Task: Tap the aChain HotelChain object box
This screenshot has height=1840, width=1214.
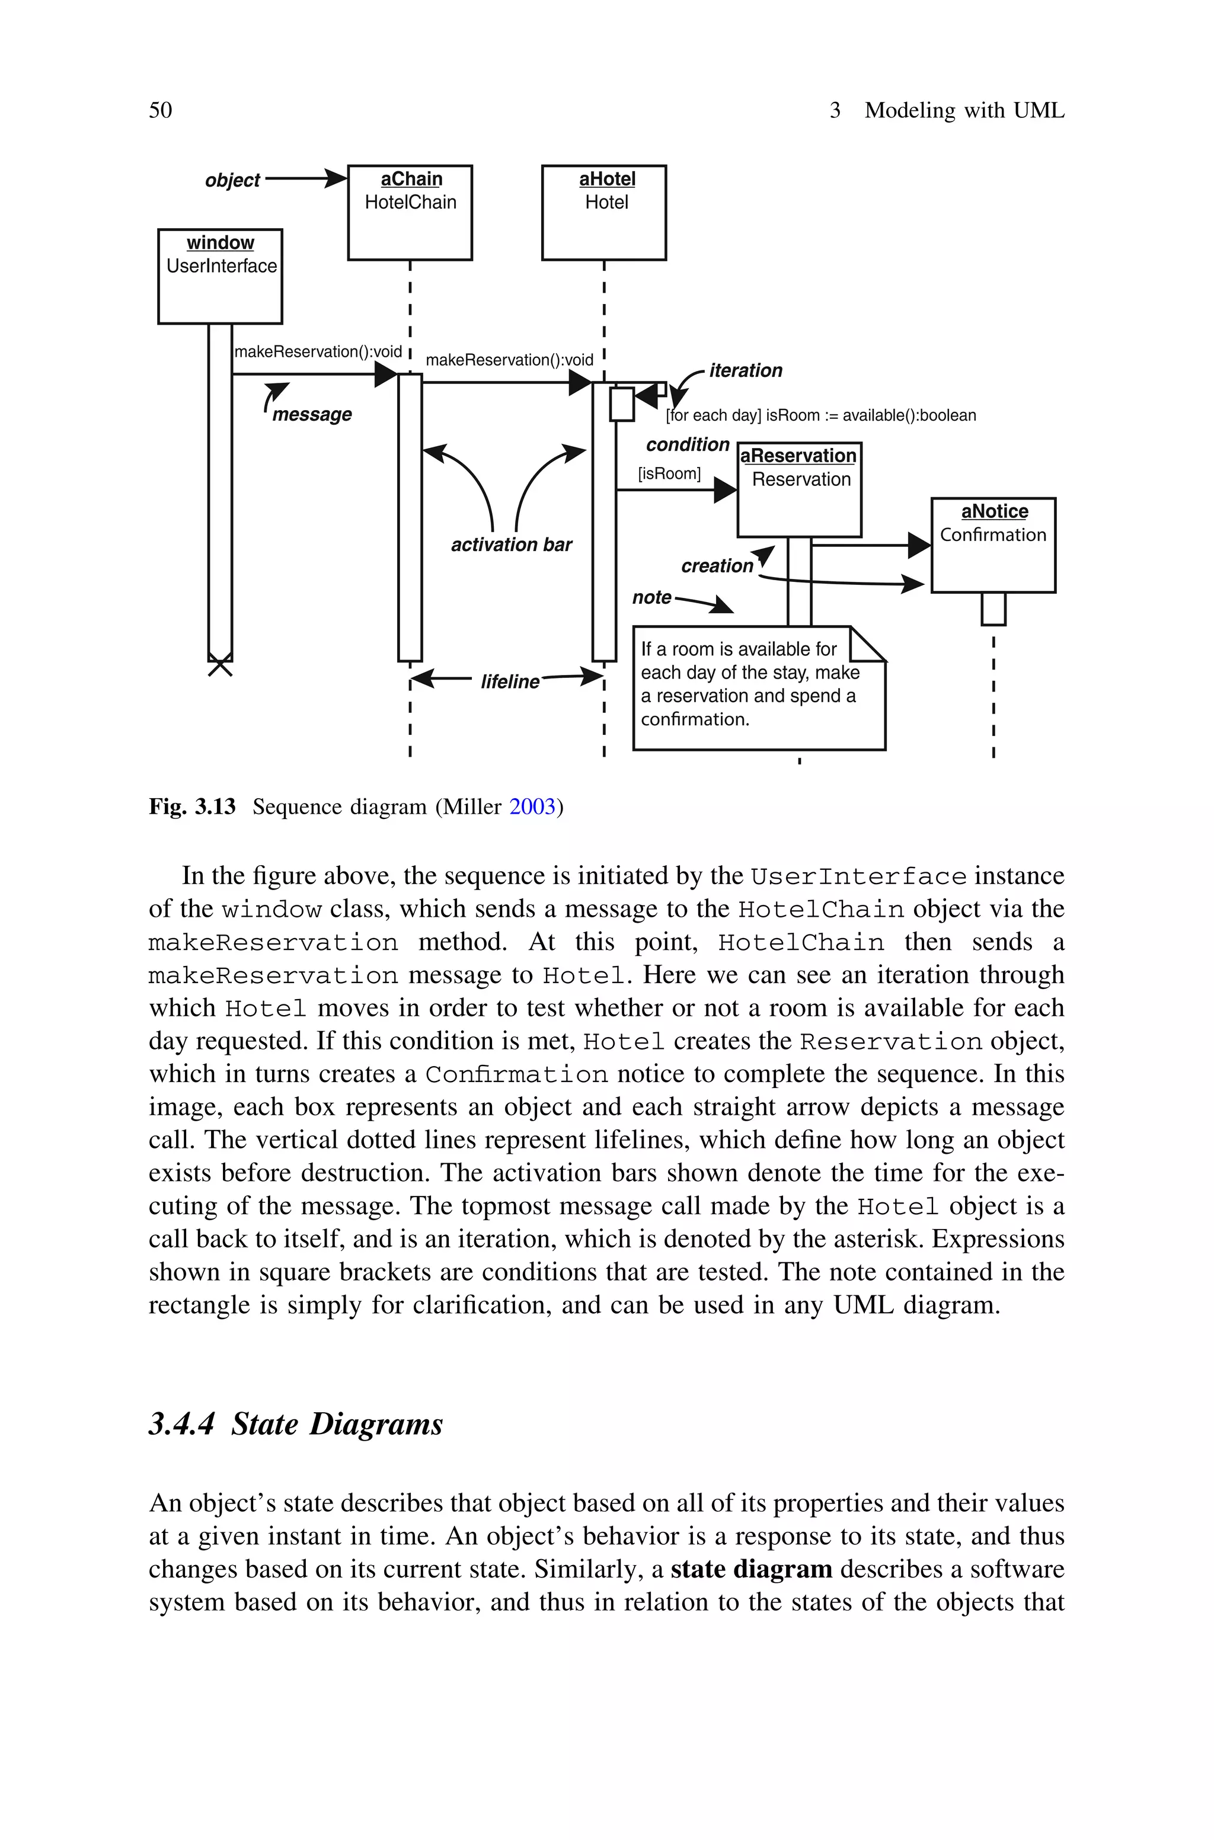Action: tap(410, 212)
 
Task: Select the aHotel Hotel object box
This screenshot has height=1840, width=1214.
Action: tap(604, 212)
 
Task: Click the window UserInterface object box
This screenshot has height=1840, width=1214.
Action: tap(220, 276)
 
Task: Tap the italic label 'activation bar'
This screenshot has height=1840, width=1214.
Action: tap(511, 545)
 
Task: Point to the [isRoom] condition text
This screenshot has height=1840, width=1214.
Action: tap(669, 473)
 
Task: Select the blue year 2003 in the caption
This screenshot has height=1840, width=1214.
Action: tap(533, 807)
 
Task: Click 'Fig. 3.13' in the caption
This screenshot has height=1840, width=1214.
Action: tap(192, 807)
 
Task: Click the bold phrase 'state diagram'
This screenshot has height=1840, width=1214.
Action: tap(751, 1569)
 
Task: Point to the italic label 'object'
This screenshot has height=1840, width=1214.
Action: tap(232, 180)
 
